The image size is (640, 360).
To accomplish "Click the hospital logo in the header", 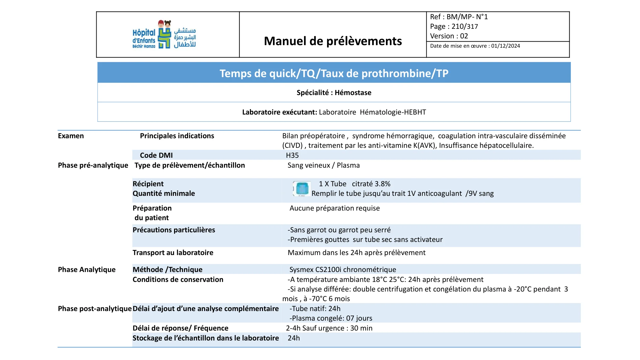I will (164, 35).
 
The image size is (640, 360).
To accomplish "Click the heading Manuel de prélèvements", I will (333, 41).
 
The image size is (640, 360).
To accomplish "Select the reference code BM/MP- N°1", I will (467, 17).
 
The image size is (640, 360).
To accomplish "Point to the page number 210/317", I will (465, 27).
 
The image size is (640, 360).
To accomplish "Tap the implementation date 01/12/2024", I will (506, 46).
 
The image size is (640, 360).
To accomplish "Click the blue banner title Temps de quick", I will (334, 73).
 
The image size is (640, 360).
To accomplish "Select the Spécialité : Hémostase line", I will (334, 93).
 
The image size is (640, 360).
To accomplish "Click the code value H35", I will (292, 156).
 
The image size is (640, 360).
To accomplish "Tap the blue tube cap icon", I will (302, 188).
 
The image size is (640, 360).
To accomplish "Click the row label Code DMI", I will (156, 156).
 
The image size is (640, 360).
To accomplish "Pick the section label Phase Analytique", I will (87, 270).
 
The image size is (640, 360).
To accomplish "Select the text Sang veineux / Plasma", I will (324, 165).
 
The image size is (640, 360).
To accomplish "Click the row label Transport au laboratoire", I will (173, 253).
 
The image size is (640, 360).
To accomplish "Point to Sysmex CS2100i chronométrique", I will (343, 270).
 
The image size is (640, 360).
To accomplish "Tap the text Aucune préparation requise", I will (334, 208).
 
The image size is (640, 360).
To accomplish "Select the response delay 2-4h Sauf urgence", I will (329, 328).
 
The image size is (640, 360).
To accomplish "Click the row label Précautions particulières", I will (174, 230).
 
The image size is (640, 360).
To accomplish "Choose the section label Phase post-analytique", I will (95, 309).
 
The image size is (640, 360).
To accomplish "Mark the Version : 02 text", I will (449, 36).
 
